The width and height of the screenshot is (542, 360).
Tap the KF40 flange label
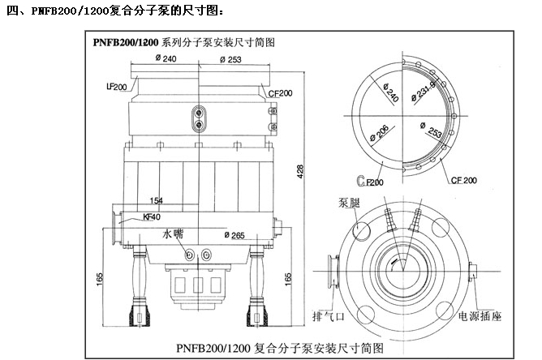[153, 216]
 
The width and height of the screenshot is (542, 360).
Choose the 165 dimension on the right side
[288, 276]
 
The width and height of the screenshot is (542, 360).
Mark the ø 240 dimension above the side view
[165, 59]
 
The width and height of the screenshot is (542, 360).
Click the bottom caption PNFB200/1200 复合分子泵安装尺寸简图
[279, 348]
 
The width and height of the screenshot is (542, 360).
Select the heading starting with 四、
[113, 11]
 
